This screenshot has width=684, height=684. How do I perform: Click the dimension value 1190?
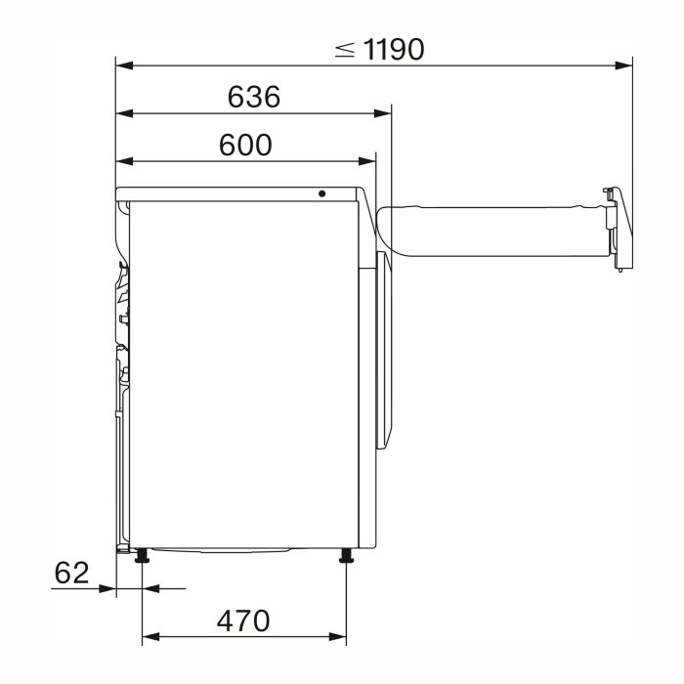393,49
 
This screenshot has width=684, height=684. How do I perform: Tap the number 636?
254,97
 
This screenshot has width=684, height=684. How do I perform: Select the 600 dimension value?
245,145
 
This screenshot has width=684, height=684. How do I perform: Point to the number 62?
72,573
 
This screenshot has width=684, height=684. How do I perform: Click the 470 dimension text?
243,620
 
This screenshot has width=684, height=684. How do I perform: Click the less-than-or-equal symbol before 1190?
345,50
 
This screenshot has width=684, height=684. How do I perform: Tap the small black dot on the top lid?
321,193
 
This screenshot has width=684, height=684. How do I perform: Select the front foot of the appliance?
346,556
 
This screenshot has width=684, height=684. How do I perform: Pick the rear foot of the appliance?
143,556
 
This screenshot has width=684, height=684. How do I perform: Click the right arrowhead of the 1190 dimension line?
623,65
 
